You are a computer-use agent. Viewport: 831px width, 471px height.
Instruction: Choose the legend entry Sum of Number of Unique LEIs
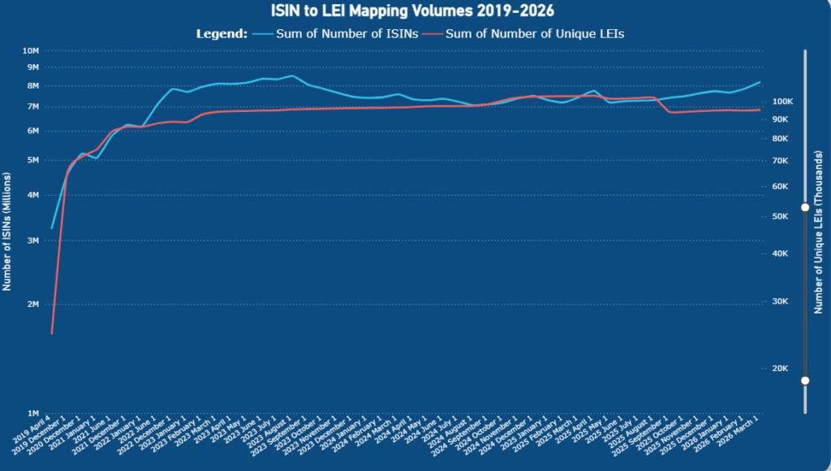tap(534, 34)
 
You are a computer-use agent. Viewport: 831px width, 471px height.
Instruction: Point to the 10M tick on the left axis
tap(31, 50)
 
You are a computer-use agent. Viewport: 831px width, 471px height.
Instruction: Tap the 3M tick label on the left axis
tap(33, 241)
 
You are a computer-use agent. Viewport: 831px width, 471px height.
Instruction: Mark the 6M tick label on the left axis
tap(33, 131)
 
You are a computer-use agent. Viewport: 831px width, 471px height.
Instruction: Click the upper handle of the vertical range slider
tap(805, 208)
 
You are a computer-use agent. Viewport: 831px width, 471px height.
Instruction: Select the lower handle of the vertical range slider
tap(805, 380)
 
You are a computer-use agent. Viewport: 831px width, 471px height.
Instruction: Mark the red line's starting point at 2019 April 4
tap(52, 333)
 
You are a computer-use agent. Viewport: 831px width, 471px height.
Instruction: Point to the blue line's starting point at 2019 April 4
tap(52, 228)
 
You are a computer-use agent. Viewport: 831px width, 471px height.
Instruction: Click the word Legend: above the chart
tap(222, 34)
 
